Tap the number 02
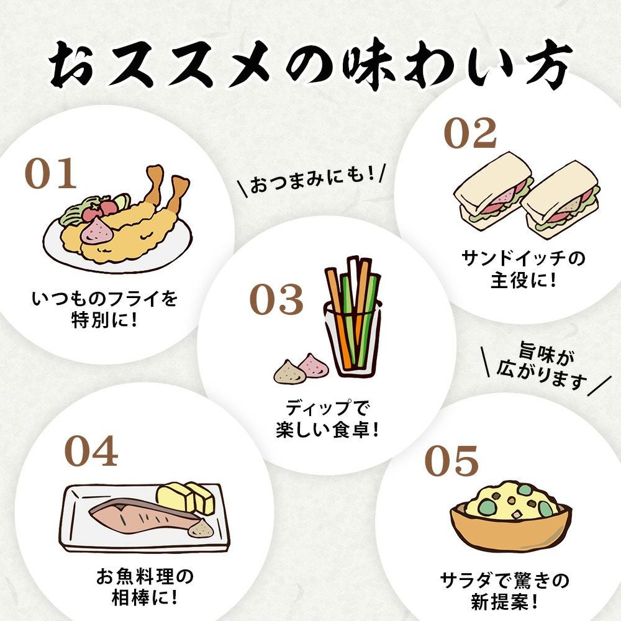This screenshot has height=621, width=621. (x=470, y=133)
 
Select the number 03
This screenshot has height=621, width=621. (x=276, y=299)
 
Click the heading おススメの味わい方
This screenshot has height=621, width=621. (x=311, y=63)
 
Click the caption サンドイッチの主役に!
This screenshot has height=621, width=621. (x=523, y=270)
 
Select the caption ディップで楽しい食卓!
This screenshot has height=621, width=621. (x=327, y=419)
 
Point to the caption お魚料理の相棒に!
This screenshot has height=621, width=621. (x=145, y=587)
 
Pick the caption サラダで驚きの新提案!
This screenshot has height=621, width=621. (x=504, y=592)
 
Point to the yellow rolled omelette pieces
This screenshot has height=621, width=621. (x=186, y=497)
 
